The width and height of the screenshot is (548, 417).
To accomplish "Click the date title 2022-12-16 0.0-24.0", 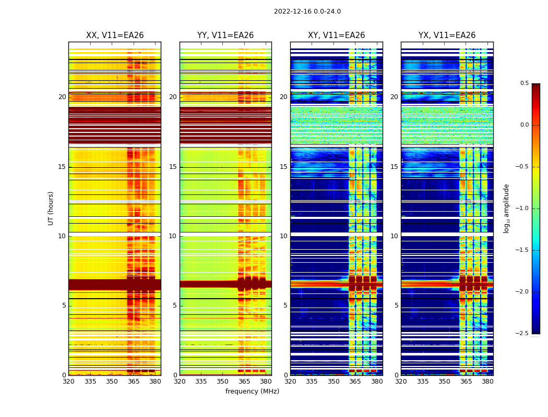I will [307, 11].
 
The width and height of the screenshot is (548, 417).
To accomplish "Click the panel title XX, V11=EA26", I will [115, 35].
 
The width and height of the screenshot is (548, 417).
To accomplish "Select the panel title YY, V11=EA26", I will [225, 35].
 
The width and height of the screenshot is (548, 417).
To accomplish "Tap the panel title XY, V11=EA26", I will [336, 35].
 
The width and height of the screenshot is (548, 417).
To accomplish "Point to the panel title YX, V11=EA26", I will [447, 35].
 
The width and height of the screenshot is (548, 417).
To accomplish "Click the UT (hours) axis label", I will [51, 208].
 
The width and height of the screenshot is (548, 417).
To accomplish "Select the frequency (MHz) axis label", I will [252, 391].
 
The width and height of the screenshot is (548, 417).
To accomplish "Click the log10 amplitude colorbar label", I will [506, 208].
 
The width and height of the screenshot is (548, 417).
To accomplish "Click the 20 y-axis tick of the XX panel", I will [62, 97].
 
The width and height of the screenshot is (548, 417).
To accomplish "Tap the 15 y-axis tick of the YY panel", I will [173, 167].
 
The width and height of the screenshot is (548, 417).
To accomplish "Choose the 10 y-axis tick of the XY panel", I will [283, 236].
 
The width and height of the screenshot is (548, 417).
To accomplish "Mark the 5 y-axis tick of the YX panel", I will [396, 305].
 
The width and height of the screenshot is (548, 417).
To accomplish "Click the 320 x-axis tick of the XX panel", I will [68, 382].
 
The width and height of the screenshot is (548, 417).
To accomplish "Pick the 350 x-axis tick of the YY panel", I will [222, 382].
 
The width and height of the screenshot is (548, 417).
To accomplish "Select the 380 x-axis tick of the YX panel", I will [487, 382].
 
